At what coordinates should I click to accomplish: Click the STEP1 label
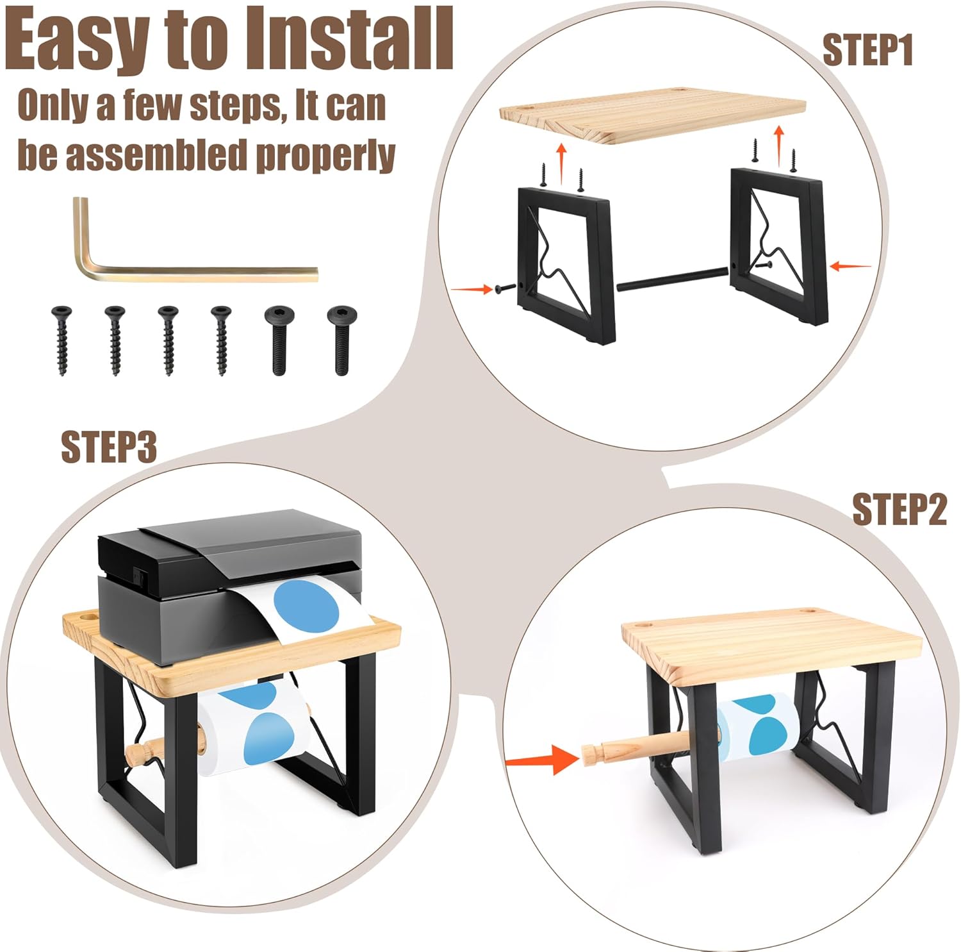click(x=867, y=51)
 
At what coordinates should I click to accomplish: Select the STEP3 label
click(x=109, y=447)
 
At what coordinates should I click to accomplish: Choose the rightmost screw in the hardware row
click(x=338, y=340)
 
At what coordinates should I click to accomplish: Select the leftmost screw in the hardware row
click(x=62, y=340)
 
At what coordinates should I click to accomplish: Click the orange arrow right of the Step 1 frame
click(x=851, y=265)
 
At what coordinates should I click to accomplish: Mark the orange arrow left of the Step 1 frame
click(x=472, y=290)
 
